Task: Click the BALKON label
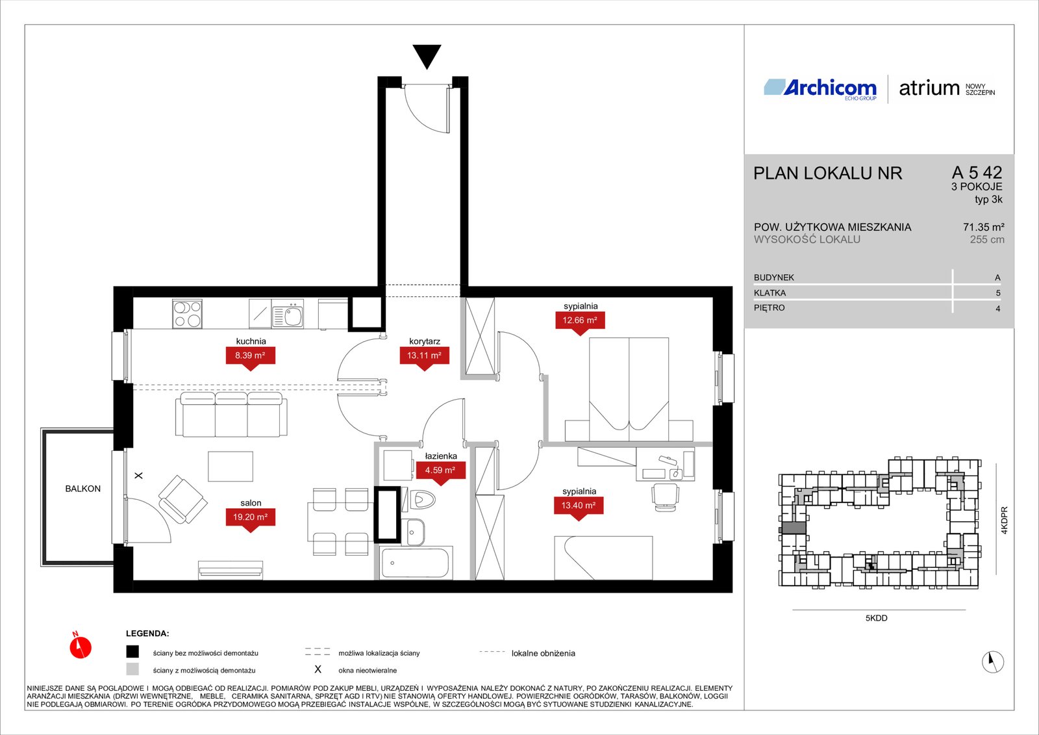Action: pyautogui.click(x=82, y=489)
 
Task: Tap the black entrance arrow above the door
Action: pyautogui.click(x=427, y=57)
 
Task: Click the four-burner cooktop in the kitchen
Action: pyautogui.click(x=188, y=314)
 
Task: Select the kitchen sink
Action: pyautogui.click(x=288, y=315)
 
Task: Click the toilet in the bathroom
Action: pyautogui.click(x=419, y=500)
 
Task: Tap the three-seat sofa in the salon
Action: pyautogui.click(x=231, y=415)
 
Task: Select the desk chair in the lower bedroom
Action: pyautogui.click(x=665, y=496)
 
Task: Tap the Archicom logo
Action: pyautogui.click(x=820, y=89)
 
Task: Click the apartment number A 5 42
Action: pyautogui.click(x=977, y=173)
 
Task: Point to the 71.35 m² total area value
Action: pyautogui.click(x=983, y=227)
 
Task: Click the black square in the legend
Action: pyautogui.click(x=132, y=652)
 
